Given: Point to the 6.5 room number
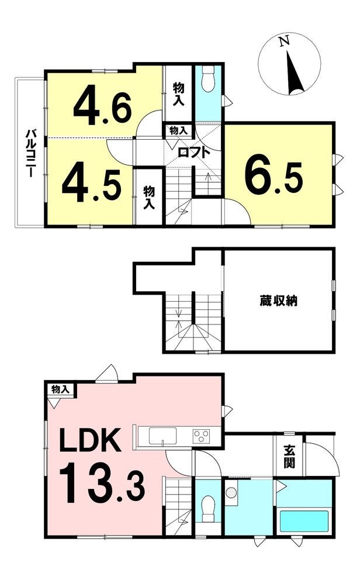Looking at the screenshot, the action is [274, 178].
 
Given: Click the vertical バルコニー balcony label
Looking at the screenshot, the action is [30, 153].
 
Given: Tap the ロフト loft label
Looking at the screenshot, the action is [194, 151].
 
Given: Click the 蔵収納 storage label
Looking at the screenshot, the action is [278, 301].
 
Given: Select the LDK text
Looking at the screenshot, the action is [91, 440].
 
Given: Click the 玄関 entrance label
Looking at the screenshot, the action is [289, 457].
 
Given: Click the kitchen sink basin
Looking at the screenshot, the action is [162, 435].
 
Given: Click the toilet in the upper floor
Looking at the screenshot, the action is [209, 80].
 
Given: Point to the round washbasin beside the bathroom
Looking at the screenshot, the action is [231, 492].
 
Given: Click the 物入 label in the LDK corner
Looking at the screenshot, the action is [60, 389].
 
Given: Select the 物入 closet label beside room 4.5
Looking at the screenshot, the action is [148, 198].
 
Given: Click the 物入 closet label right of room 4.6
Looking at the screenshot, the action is [178, 94].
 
